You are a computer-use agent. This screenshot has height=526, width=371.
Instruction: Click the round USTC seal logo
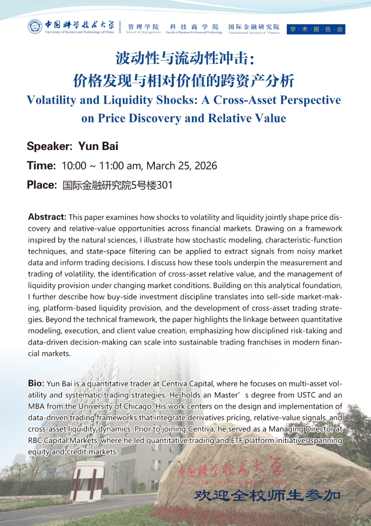tap(35, 27)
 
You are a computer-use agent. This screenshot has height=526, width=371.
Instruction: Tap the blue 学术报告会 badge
tap(316, 29)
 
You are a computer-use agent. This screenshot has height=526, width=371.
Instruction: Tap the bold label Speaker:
tap(49, 146)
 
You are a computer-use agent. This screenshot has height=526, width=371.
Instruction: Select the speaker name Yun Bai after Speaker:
tap(98, 146)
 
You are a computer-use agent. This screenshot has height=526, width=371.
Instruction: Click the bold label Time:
tap(41, 166)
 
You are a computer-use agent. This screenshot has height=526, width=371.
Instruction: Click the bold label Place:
tap(41, 185)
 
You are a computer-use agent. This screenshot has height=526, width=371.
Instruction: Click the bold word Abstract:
tap(47, 217)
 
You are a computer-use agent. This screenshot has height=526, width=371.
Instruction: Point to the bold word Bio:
tap(36, 383)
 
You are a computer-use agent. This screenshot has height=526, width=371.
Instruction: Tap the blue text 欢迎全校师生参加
tap(267, 495)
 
